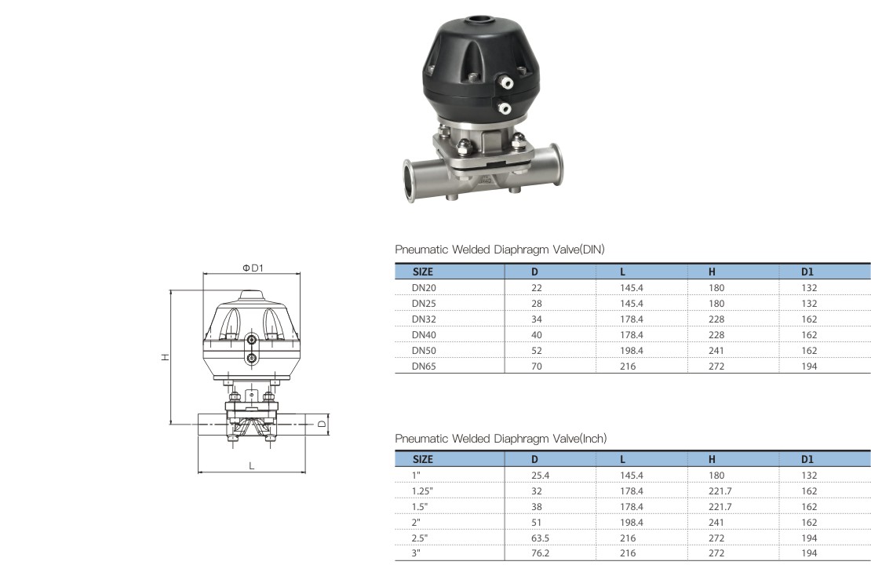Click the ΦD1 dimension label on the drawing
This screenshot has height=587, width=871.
point(253,268)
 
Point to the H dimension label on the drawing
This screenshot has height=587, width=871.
point(165,357)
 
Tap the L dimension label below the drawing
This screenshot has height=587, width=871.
point(252,465)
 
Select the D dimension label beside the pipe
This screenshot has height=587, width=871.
point(322,424)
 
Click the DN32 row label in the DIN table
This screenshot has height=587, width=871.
point(424,319)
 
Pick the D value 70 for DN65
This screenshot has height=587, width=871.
point(537,366)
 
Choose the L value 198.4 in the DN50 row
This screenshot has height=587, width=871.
point(632,351)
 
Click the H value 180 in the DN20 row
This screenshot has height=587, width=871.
point(716,288)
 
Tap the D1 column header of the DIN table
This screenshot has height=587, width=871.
point(807,272)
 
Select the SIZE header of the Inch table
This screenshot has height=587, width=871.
point(423,460)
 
